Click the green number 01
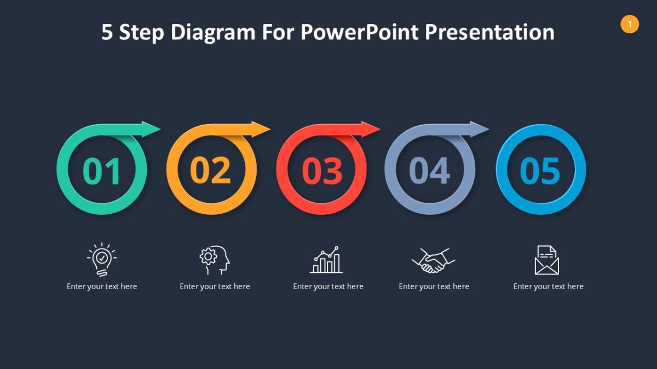[102, 171]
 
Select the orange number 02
[211, 171]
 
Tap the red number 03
[322, 171]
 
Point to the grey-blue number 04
[430, 171]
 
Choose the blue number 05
[540, 171]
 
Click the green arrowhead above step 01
[151, 130]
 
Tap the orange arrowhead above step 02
[261, 130]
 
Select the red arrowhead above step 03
[370, 130]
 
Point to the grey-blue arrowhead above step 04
[479, 130]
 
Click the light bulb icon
[102, 259]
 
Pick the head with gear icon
[214, 260]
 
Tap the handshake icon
[434, 260]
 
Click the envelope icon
[547, 260]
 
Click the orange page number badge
[630, 24]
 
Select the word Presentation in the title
[489, 33]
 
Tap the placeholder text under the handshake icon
[434, 286]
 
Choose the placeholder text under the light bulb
[102, 286]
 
